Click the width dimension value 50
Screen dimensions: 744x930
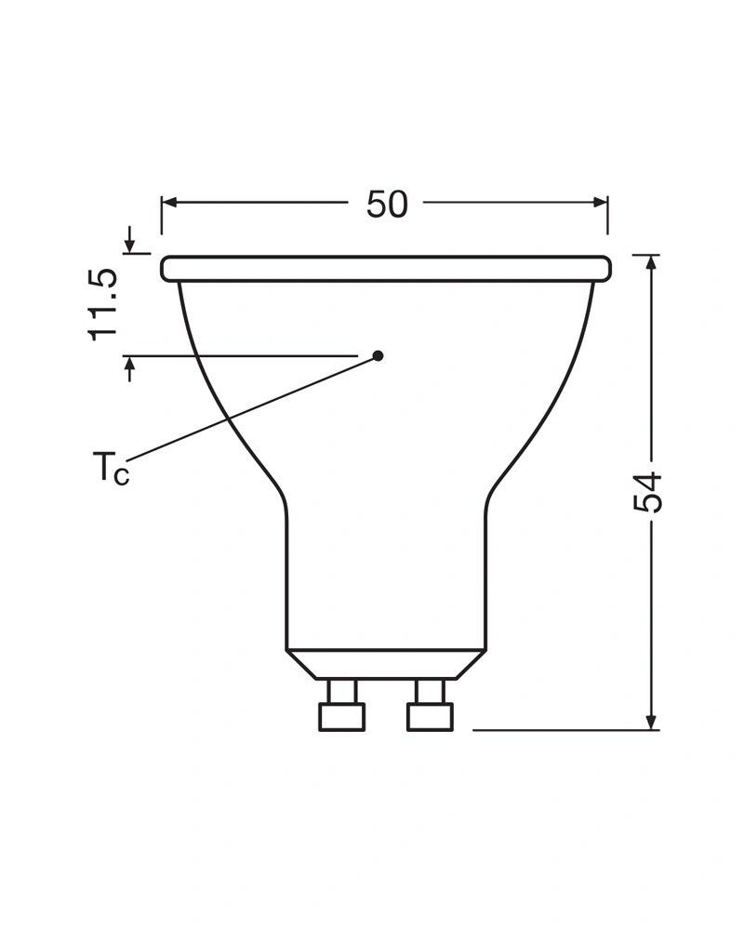coord(387,204)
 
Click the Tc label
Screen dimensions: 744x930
coord(111,467)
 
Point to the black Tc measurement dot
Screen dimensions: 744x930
coord(378,356)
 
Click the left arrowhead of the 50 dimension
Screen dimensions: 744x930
coord(169,203)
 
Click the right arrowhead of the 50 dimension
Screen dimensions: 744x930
coord(601,203)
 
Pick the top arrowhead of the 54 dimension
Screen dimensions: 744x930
coord(652,263)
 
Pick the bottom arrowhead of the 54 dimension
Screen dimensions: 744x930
coord(652,722)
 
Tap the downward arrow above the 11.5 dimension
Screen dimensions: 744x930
coord(130,240)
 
